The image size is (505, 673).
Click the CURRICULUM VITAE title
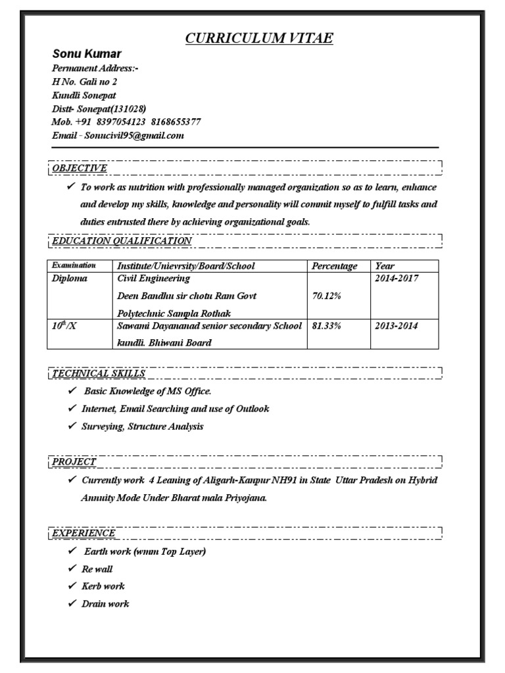(259, 39)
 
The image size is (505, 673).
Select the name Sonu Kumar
(87, 54)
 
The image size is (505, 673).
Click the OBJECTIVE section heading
(80, 168)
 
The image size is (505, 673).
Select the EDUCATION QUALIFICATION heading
(122, 241)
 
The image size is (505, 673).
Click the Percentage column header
(335, 266)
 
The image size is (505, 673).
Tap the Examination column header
(74, 266)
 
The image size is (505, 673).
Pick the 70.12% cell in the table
(326, 296)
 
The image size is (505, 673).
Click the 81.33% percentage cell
(326, 326)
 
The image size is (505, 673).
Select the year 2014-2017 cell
(397, 279)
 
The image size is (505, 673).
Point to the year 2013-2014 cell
(397, 326)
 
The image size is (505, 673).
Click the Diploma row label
(70, 279)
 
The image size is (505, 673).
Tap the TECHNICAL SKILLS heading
(99, 373)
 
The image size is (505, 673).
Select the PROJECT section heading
(74, 462)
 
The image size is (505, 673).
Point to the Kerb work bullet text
(103, 586)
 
